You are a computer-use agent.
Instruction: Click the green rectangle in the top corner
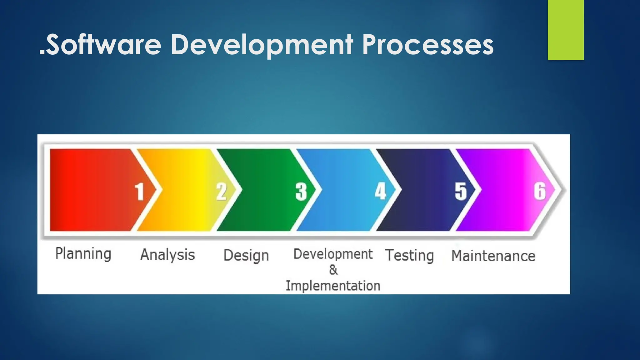[566, 30]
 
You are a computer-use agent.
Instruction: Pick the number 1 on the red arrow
[139, 191]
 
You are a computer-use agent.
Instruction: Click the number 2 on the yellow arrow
[221, 191]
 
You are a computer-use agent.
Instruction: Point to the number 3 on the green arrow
[301, 191]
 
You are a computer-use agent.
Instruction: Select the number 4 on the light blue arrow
[381, 191]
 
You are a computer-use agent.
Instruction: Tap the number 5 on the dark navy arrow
[461, 191]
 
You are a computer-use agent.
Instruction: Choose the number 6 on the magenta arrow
[540, 191]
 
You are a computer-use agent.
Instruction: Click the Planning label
[83, 253]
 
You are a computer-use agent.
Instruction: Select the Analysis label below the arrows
[167, 255]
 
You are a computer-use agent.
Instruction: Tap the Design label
[246, 255]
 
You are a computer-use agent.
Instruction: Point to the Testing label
[409, 255]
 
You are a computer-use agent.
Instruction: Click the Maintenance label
[493, 256]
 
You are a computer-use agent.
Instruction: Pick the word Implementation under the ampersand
[333, 286]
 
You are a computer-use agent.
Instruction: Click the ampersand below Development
[333, 270]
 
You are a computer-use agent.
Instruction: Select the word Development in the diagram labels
[333, 254]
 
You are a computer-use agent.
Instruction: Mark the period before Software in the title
[42, 54]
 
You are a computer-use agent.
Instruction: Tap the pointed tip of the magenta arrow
[554, 190]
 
